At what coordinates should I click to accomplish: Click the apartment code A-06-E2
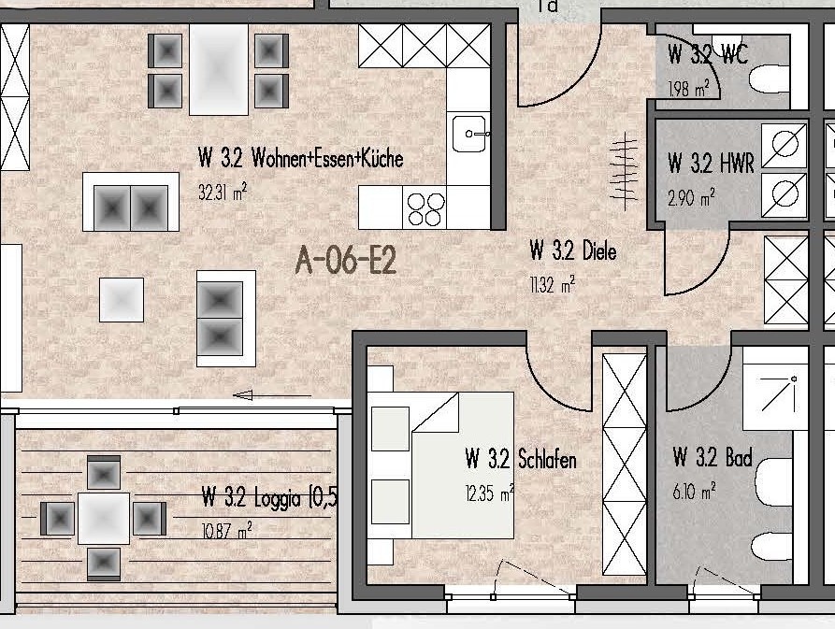point(346,260)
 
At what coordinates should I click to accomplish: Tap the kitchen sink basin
point(470,132)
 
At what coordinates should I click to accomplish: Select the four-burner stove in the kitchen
point(425,208)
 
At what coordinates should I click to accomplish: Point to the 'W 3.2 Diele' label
point(573,250)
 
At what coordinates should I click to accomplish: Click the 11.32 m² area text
point(553,285)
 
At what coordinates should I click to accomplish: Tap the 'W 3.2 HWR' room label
point(711,163)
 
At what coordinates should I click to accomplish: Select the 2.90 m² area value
point(691,198)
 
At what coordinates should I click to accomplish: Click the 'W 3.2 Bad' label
point(713,457)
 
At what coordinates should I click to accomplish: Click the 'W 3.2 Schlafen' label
point(521,459)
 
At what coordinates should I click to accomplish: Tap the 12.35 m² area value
point(489,493)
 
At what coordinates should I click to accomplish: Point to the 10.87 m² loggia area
point(226,531)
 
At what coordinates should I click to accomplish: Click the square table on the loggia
point(103,519)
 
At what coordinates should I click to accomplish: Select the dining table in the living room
point(219,69)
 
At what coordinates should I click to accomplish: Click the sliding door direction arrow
point(272,395)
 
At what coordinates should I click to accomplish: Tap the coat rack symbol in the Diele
point(624,171)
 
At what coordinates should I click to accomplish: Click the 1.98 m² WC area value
point(688,89)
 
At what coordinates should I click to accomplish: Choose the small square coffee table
point(122,300)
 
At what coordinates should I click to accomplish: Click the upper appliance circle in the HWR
point(785,145)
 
